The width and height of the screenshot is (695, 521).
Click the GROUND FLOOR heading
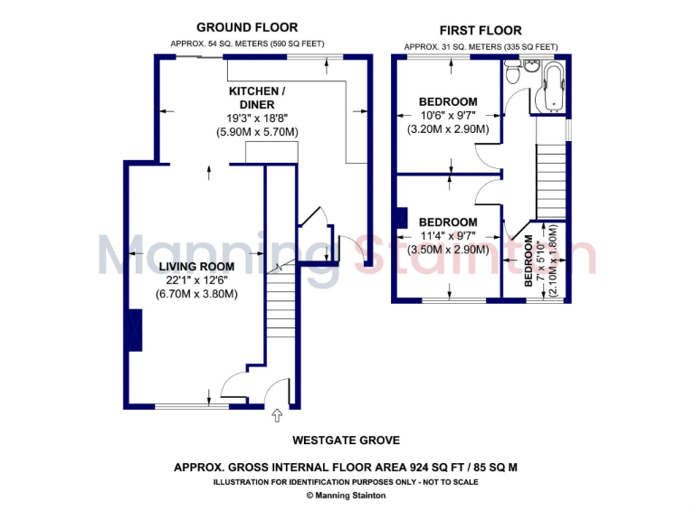(247, 28)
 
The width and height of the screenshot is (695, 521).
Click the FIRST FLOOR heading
(481, 30)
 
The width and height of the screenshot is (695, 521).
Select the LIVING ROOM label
(196, 267)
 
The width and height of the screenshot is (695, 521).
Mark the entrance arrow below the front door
(277, 415)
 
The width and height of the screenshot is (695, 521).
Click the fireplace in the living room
(135, 329)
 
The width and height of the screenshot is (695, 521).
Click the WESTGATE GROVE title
(347, 441)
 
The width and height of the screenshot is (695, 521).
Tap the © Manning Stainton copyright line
(347, 495)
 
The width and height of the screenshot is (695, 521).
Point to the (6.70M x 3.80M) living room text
(196, 294)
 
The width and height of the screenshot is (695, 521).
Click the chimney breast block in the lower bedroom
(401, 219)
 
